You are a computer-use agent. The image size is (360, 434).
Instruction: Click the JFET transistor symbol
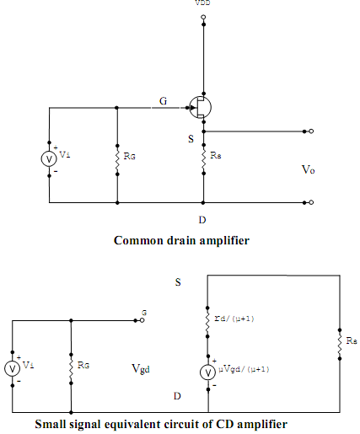tap(201, 107)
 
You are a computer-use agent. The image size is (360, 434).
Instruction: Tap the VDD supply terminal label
tap(202, 3)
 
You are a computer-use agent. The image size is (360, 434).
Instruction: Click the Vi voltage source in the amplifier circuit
tap(49, 159)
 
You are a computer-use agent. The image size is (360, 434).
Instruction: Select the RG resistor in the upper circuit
tap(117, 160)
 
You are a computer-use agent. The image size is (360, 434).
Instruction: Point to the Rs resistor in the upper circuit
tap(204, 159)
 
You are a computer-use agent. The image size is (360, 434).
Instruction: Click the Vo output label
tap(309, 169)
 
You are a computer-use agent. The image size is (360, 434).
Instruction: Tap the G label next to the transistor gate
tap(164, 101)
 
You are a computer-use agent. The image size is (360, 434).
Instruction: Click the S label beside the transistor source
tap(191, 139)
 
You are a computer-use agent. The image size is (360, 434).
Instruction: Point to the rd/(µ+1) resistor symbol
tap(207, 322)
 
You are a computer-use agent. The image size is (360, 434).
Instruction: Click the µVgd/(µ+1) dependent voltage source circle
tap(208, 372)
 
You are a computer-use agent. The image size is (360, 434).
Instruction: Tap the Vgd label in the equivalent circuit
tap(141, 368)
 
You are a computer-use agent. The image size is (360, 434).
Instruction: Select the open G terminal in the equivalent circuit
tap(142, 320)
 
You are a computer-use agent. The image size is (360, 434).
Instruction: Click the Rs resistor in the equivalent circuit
tap(340, 344)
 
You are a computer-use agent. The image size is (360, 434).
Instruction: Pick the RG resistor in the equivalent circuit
tap(71, 369)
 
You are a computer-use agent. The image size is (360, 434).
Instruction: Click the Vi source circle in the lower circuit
tap(13, 368)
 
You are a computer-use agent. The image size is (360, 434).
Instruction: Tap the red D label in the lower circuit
tap(177, 396)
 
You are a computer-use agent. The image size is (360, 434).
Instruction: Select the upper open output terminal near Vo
tap(311, 131)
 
